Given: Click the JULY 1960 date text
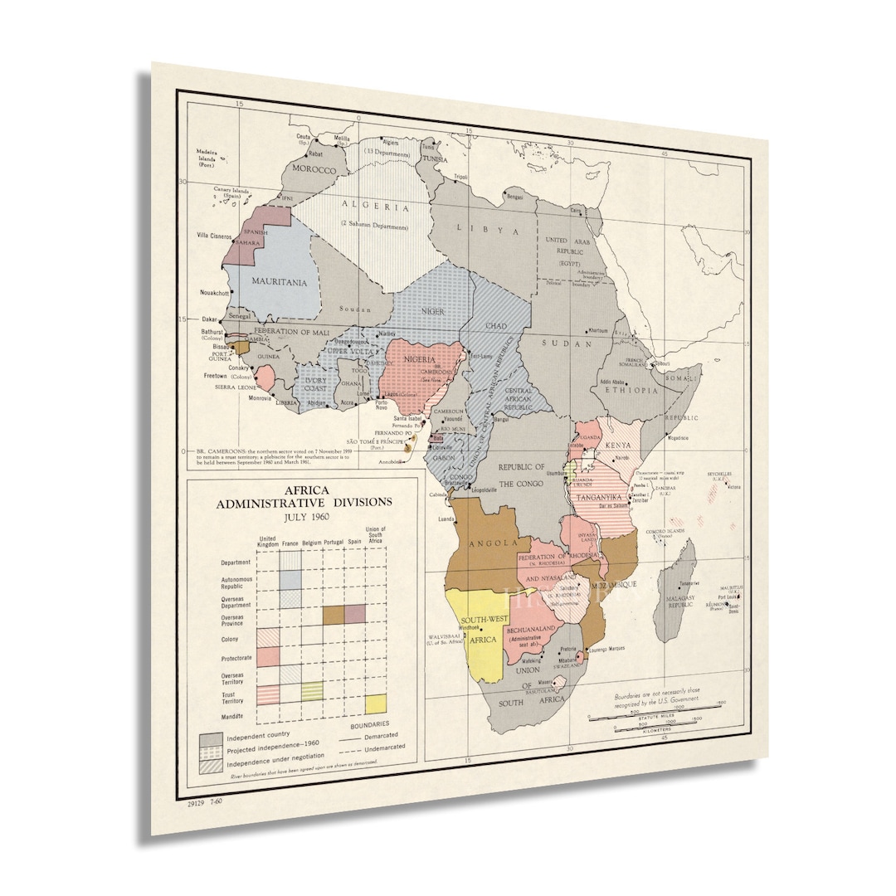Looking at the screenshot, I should coord(304,516).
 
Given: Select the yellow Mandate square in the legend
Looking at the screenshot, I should coord(375,704).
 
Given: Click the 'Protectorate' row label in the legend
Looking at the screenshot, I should coord(236,659).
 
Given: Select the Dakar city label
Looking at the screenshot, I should coord(209,318).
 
